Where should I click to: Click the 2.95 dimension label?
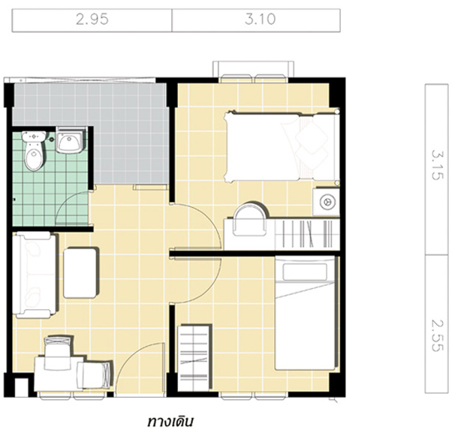tap(92, 20)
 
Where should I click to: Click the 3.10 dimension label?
tap(261, 20)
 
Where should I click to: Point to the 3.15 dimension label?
tap(436, 165)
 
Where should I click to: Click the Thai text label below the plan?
tap(170, 421)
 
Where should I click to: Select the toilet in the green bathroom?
tap(35, 151)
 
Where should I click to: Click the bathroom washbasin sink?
tap(70, 140)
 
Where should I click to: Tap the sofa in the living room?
tap(35, 275)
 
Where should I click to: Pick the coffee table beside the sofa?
tap(80, 273)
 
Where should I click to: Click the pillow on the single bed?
tap(305, 272)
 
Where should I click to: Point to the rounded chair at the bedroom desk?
tap(250, 219)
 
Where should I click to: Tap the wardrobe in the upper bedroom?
tap(307, 234)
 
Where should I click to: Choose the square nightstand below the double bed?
tap(326, 202)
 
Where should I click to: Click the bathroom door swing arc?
tap(65, 203)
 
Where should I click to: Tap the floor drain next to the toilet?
tap(52, 140)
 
